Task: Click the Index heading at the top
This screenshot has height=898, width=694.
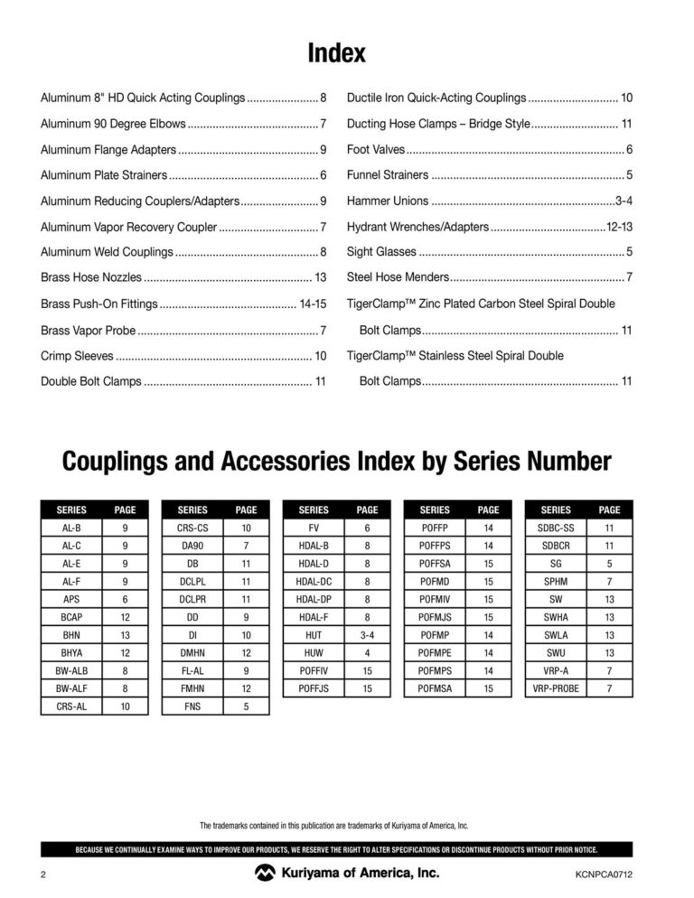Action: [x=336, y=53]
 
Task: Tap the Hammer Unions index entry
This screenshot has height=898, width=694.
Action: [x=388, y=201]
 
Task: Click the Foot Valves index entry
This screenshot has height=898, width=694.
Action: [x=376, y=149]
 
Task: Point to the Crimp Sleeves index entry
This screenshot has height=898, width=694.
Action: [x=77, y=356]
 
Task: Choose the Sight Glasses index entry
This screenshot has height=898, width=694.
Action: [x=382, y=252]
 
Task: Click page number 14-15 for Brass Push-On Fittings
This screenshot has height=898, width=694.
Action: [x=312, y=304]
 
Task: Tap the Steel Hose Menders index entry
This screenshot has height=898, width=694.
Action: [x=398, y=277]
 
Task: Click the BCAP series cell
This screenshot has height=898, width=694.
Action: [x=71, y=617]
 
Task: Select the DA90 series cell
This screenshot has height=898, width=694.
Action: [x=192, y=546]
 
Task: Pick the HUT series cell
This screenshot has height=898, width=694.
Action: [x=314, y=635]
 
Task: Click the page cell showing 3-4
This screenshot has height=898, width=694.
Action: [x=368, y=635]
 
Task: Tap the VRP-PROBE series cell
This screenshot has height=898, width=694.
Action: [x=556, y=688]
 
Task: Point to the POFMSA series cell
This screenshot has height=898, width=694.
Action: [x=435, y=688]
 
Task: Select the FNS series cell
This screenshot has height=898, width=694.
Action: [x=192, y=706]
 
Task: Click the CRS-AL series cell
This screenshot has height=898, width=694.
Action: [x=71, y=706]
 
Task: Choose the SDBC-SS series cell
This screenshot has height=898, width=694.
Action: [x=556, y=528]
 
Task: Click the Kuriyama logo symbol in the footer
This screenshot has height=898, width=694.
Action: [x=267, y=874]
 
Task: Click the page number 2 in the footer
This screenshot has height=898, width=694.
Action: [x=43, y=875]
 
